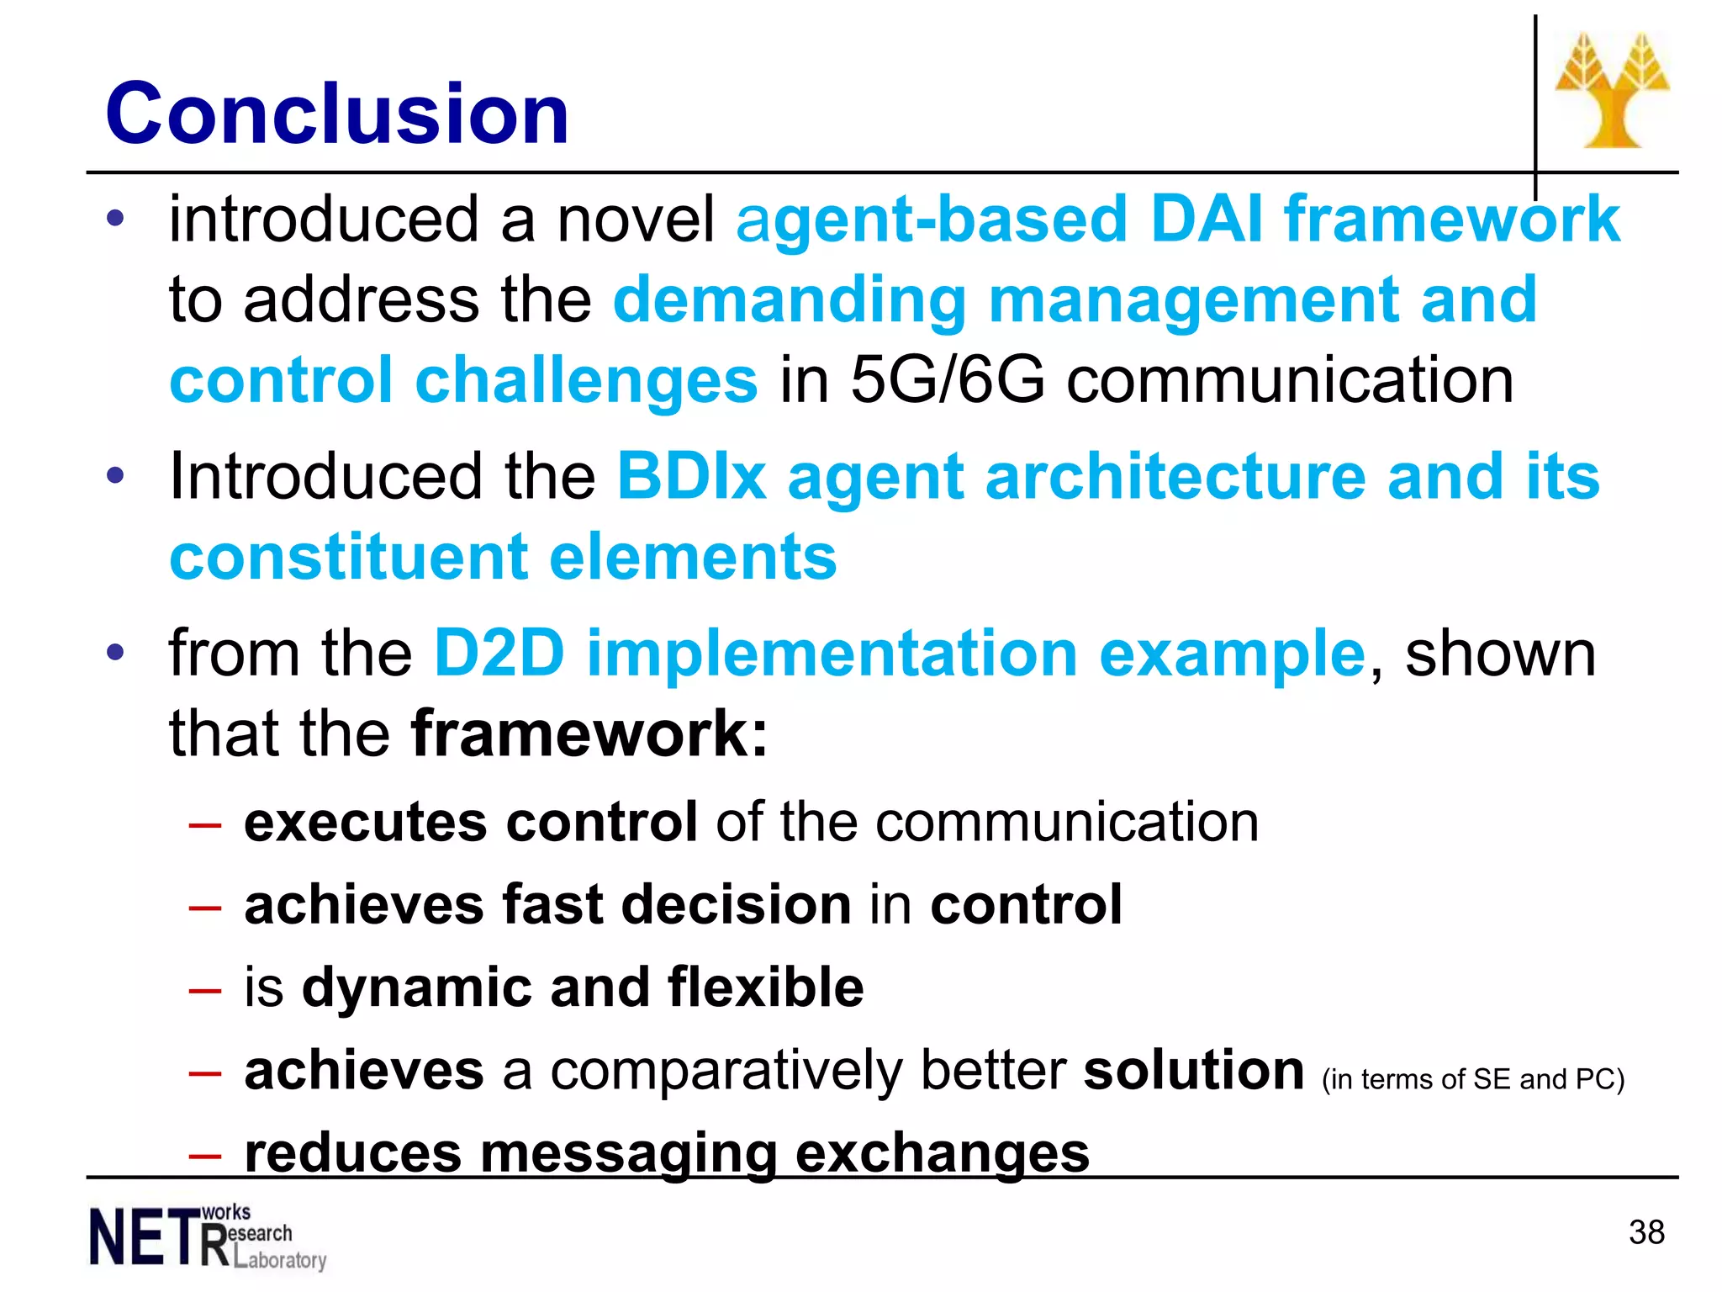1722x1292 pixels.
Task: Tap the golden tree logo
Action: pyautogui.click(x=1612, y=91)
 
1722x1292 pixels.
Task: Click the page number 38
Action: pyautogui.click(x=1645, y=1232)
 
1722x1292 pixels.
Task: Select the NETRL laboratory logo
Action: pyautogui.click(x=207, y=1236)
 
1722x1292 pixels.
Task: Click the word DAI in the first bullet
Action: pyautogui.click(x=1206, y=220)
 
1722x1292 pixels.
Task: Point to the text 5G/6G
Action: pyautogui.click(x=948, y=380)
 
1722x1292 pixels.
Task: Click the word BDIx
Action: pyautogui.click(x=691, y=477)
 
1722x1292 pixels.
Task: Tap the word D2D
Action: pyautogui.click(x=499, y=654)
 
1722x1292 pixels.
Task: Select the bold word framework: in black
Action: pyautogui.click(x=589, y=734)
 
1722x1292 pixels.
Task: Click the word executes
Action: pyautogui.click(x=365, y=822)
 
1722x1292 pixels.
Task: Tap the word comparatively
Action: pyautogui.click(x=725, y=1071)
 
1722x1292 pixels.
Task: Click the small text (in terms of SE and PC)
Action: pyautogui.click(x=1472, y=1079)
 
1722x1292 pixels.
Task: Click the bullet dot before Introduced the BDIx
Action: pyautogui.click(x=115, y=476)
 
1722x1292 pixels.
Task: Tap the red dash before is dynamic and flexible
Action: pyautogui.click(x=205, y=990)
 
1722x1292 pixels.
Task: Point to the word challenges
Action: pyautogui.click(x=586, y=380)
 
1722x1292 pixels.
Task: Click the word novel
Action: pyautogui.click(x=636, y=220)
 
